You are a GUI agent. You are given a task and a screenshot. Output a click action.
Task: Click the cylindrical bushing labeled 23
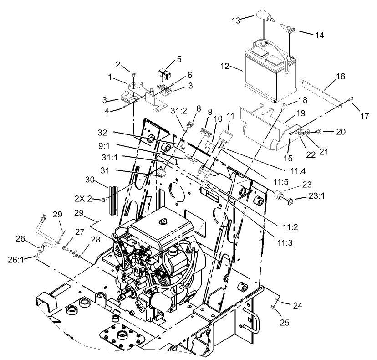[x=278, y=196]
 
